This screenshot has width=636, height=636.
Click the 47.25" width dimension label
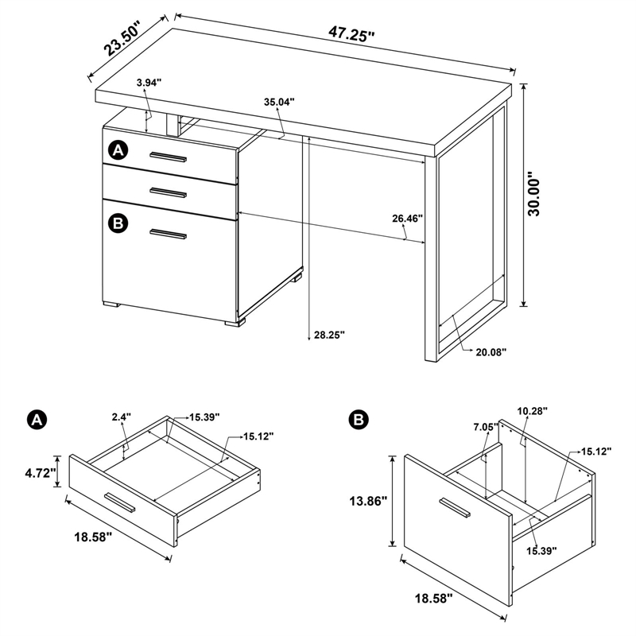(351, 34)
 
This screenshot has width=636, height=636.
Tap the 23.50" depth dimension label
(122, 40)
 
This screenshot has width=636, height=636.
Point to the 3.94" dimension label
(149, 83)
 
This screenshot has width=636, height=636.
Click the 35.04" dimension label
(279, 102)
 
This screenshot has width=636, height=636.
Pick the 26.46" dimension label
(406, 218)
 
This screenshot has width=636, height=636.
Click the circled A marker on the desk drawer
(118, 149)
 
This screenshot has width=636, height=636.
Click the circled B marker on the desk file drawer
(118, 224)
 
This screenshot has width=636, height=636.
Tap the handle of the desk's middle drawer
(168, 192)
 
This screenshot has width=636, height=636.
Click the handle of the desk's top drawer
(168, 157)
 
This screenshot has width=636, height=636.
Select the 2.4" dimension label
(121, 416)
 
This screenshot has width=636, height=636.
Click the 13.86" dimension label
(366, 502)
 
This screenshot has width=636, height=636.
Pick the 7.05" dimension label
(485, 427)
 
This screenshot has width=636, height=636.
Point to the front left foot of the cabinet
(111, 304)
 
